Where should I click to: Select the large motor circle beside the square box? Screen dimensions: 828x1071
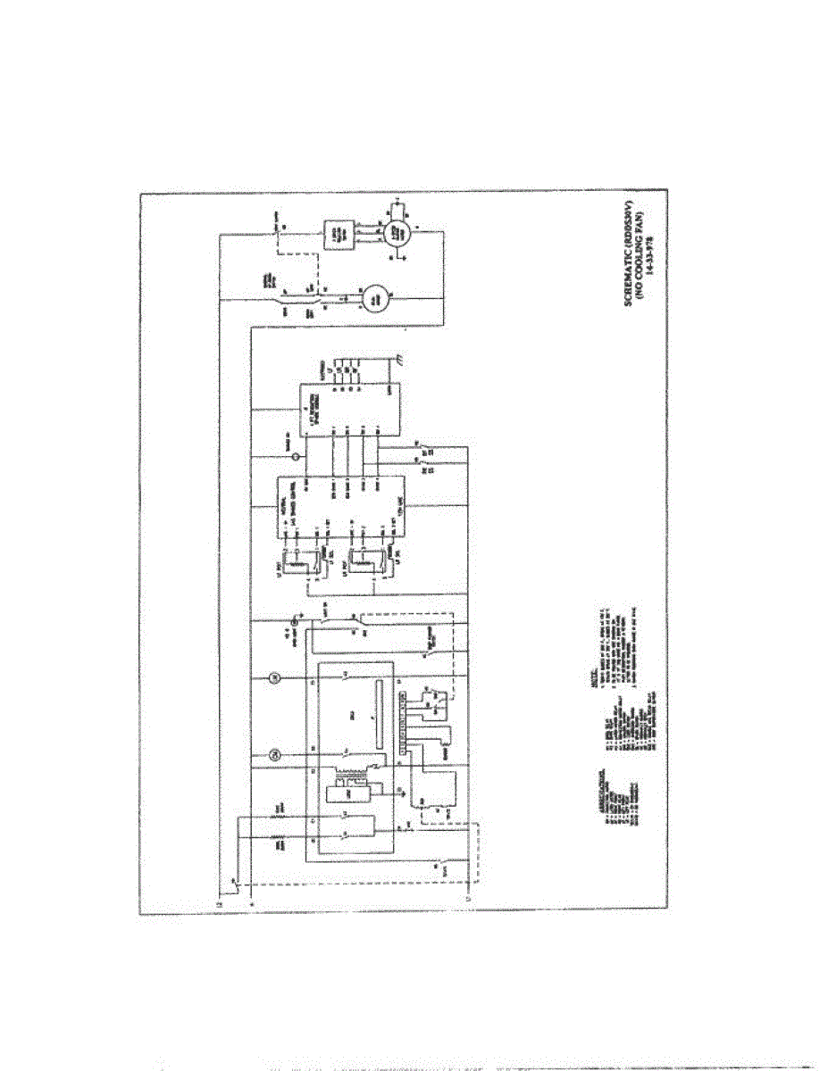(x=396, y=233)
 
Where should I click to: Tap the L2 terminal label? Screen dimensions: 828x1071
(x=220, y=902)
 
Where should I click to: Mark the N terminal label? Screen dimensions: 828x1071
(x=251, y=902)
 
